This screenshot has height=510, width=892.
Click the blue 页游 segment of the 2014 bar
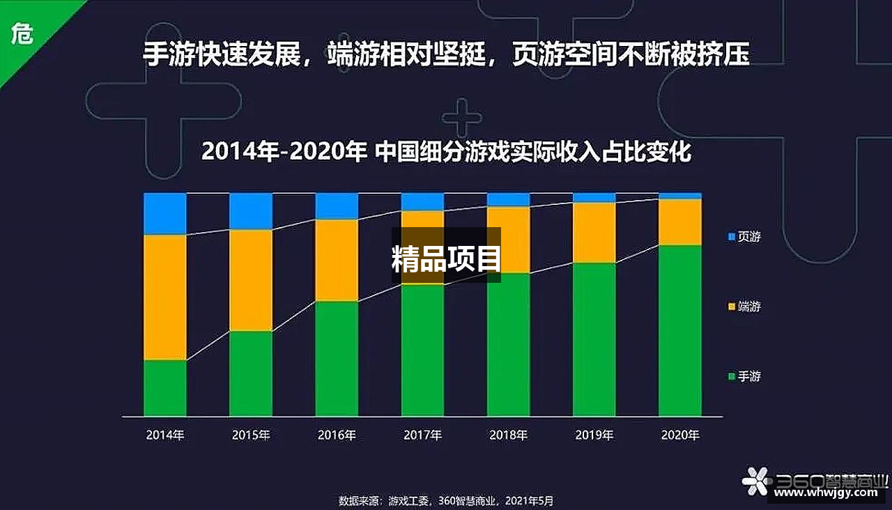[165, 214]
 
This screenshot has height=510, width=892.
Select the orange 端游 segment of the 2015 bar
[251, 280]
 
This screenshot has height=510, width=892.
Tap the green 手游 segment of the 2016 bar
[337, 359]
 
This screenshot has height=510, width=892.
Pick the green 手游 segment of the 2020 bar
[680, 331]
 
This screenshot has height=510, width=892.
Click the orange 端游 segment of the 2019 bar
[594, 233]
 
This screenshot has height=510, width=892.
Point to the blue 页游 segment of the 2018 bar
[509, 200]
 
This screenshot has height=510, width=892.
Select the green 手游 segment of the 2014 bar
[165, 388]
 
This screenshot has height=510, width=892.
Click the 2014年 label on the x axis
[165, 435]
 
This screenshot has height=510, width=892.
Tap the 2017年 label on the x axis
[422, 435]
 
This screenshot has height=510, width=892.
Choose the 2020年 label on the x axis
[680, 435]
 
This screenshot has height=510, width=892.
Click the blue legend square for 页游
[731, 237]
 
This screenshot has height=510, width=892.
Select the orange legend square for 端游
[731, 307]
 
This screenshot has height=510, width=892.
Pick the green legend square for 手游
[731, 377]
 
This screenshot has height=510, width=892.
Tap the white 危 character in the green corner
[22, 33]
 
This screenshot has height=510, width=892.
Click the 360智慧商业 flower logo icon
[757, 481]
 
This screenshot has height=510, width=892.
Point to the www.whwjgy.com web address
[826, 493]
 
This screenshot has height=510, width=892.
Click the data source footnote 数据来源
[446, 501]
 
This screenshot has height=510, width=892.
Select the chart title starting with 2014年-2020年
[446, 151]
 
